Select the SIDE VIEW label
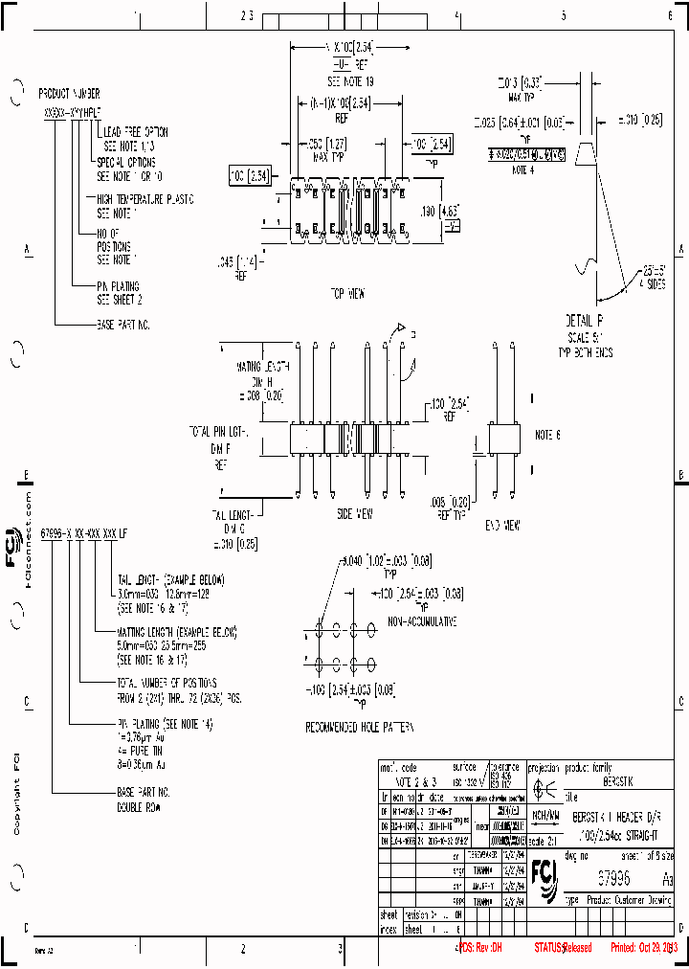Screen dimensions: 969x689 (x=355, y=513)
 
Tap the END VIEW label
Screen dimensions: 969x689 (x=501, y=525)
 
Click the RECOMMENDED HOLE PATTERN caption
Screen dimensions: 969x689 (x=360, y=727)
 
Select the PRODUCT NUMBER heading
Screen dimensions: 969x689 (x=69, y=96)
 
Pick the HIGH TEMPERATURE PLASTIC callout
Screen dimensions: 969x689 (x=144, y=199)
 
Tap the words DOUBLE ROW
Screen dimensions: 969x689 (x=142, y=804)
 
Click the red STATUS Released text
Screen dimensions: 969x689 (x=563, y=947)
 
